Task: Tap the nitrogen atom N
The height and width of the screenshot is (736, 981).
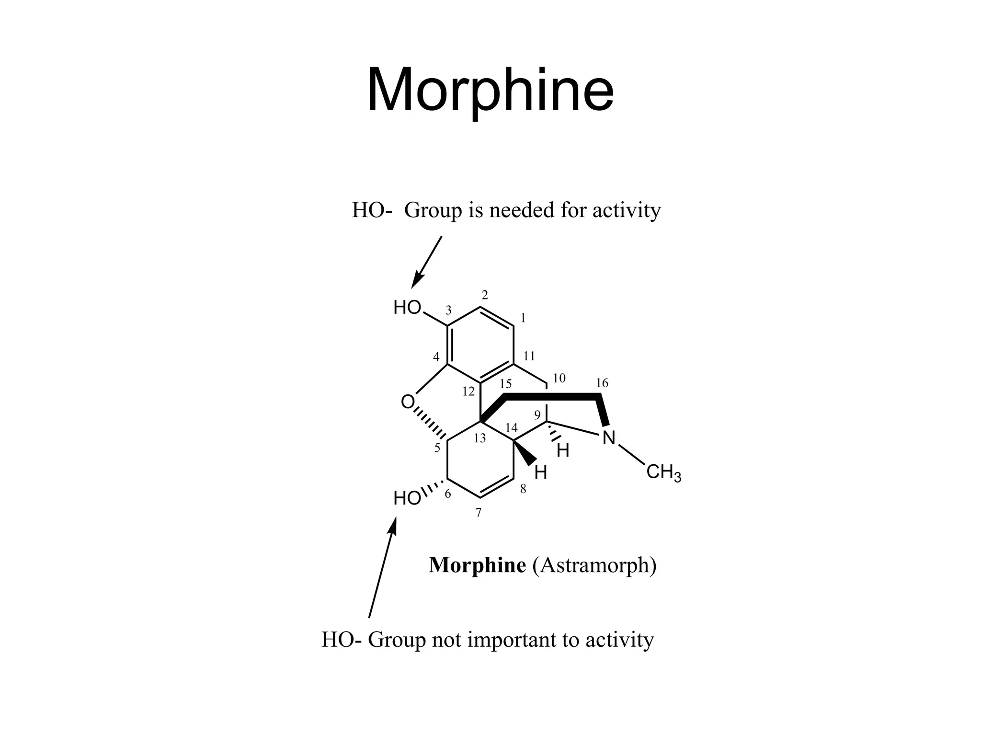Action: pos(608,437)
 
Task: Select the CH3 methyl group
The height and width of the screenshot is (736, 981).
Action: pos(663,472)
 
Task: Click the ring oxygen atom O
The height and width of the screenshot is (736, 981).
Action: pos(408,402)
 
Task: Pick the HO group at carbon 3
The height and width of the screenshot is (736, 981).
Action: pos(407,308)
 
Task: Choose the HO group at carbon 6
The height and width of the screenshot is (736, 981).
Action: pos(407,499)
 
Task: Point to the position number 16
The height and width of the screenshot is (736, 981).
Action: pos(602,383)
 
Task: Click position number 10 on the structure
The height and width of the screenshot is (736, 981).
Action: pos(559,378)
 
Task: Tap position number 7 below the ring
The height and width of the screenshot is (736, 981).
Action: pos(478,513)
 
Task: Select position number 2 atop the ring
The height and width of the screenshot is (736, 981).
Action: pos(485,295)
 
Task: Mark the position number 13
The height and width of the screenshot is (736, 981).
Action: pos(479,438)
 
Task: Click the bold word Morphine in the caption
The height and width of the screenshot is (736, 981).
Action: pos(477,565)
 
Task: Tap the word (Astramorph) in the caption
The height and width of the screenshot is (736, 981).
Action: pos(594,565)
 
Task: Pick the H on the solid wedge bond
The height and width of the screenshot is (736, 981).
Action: pos(540,473)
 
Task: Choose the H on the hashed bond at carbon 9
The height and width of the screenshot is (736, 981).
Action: pos(563,450)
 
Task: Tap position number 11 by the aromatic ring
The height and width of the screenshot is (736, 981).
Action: pos(529,356)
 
